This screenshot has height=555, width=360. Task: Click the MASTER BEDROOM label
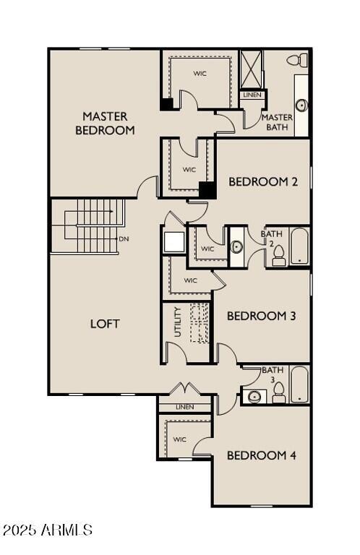click(x=105, y=123)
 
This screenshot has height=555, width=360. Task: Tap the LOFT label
click(x=105, y=323)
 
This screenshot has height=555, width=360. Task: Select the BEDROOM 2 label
click(x=263, y=181)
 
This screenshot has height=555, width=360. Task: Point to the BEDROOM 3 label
click(x=261, y=316)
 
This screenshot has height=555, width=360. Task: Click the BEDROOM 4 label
click(x=261, y=455)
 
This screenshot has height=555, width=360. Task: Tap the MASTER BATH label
click(x=277, y=122)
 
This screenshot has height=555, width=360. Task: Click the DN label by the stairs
click(x=124, y=239)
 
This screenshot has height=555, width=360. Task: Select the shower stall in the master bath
click(x=252, y=69)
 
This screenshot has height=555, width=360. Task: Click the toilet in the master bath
click(x=296, y=60)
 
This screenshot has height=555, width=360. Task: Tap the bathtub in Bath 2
click(x=299, y=248)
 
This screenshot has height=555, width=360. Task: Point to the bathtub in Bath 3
click(x=299, y=384)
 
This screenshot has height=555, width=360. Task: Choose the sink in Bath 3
click(x=254, y=396)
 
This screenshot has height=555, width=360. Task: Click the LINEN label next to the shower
click(x=252, y=95)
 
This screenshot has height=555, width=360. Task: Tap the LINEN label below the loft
click(x=186, y=408)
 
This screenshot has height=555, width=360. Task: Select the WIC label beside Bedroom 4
click(x=180, y=439)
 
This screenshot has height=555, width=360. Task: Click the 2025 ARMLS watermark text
click(x=47, y=530)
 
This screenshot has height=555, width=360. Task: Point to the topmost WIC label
click(x=200, y=73)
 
